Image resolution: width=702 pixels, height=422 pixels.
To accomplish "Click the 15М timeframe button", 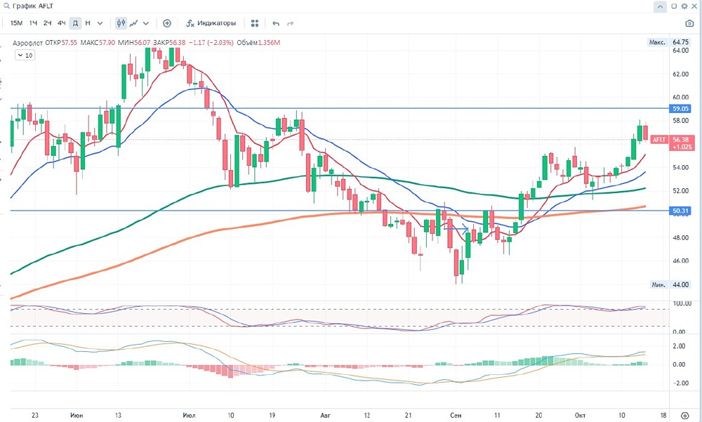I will click(x=15, y=23).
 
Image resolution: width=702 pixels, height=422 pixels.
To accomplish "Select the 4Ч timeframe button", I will click(x=62, y=23).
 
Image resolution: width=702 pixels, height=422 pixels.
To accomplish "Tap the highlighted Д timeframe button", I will click(x=75, y=23).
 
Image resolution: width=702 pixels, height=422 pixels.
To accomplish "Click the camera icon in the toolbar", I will click(x=689, y=23).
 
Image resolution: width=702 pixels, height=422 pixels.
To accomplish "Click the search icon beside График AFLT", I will click(x=6, y=6).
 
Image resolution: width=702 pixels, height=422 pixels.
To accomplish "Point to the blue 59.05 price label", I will click(x=682, y=109).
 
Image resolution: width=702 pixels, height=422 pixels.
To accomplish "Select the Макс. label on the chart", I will click(x=657, y=42).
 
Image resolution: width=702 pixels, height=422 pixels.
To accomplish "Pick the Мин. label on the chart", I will click(x=658, y=284).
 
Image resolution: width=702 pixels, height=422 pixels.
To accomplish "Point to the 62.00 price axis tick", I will click(x=680, y=74).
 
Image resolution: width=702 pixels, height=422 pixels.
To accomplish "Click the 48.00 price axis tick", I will click(x=680, y=237).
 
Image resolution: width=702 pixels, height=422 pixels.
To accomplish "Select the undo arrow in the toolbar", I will click(x=276, y=23).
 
